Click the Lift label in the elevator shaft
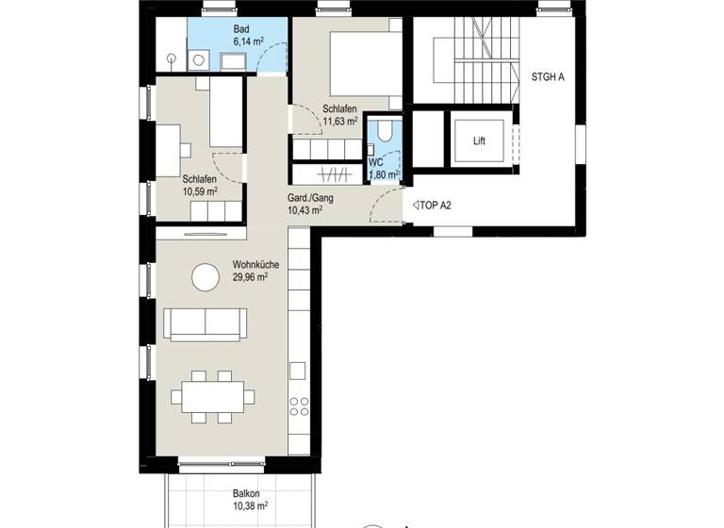pyautogui.click(x=480, y=141)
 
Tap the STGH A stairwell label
pyautogui.click(x=548, y=77)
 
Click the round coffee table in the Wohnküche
pyautogui.click(x=205, y=277)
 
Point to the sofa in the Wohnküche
pyautogui.click(x=205, y=323)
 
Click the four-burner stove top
pyautogui.click(x=299, y=406)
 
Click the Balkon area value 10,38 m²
pyautogui.click(x=250, y=506)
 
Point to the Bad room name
pyautogui.click(x=242, y=30)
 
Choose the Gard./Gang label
pyautogui.click(x=309, y=198)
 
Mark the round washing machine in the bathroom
pyautogui.click(x=199, y=61)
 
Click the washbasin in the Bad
pyautogui.click(x=233, y=61)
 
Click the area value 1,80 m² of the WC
pyautogui.click(x=385, y=174)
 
